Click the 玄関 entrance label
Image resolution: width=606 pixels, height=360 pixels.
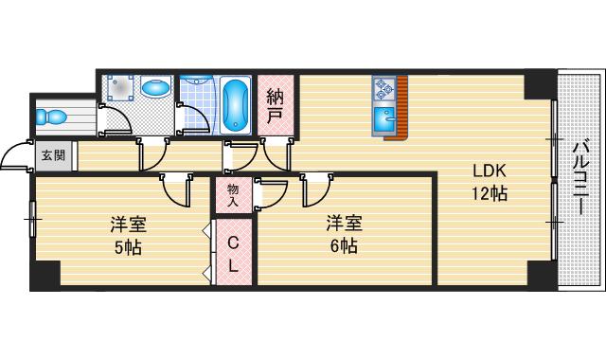click(53, 155)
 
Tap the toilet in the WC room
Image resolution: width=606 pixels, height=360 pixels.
click(51, 117)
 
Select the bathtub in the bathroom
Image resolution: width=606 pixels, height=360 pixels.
click(235, 105)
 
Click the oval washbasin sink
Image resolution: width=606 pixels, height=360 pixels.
click(155, 87)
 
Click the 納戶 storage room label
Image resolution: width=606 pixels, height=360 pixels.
click(275, 105)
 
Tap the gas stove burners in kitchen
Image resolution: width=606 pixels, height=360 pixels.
click(384, 89)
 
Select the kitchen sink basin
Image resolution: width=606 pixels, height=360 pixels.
click(384, 120)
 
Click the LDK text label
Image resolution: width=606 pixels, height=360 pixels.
click(490, 171)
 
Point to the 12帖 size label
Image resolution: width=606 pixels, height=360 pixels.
click(490, 193)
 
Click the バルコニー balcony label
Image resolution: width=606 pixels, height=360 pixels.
click(580, 178)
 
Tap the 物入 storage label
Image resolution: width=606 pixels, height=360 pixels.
click(233, 195)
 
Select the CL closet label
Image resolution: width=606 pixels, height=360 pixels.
click(233, 254)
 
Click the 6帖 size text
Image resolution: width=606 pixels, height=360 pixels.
click(344, 245)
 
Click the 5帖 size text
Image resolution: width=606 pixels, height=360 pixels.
click(128, 247)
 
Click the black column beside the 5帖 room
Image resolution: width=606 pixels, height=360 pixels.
click(45, 275)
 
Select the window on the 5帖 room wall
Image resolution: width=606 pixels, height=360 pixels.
click(32, 219)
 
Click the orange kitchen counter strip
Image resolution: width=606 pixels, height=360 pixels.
click(401, 108)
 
